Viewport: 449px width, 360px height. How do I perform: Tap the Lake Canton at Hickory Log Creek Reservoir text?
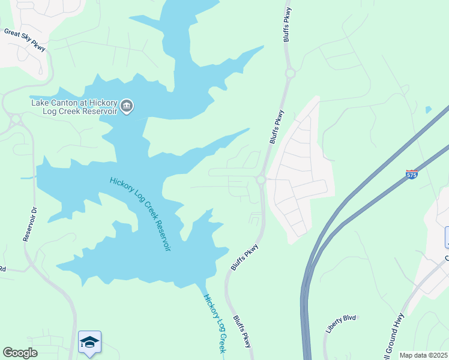point(74,106)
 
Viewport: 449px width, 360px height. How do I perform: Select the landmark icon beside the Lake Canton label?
point(127,107)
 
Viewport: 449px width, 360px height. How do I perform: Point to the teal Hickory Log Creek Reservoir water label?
point(140,214)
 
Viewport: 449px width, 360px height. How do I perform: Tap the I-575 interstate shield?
point(411,174)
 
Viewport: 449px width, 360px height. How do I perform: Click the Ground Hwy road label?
point(394,335)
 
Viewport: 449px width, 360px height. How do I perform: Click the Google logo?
point(20,353)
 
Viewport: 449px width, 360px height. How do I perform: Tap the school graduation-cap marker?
point(89,343)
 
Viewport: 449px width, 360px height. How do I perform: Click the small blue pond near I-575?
point(427,110)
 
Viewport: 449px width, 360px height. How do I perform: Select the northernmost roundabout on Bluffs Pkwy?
point(291,73)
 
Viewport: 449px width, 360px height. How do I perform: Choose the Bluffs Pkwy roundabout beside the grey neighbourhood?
point(261,179)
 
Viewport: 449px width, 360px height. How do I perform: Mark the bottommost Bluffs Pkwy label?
point(241,332)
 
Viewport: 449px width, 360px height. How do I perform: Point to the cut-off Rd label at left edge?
point(3,269)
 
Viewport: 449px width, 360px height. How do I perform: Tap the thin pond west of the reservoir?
point(28,178)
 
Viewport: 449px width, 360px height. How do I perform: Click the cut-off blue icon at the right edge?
point(446,238)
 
